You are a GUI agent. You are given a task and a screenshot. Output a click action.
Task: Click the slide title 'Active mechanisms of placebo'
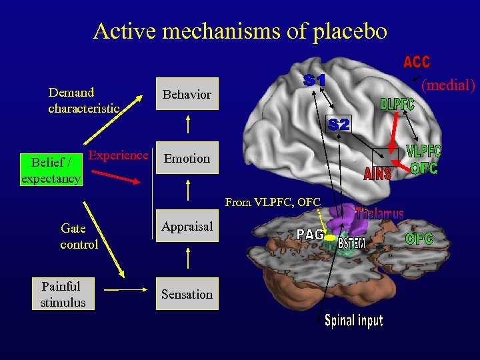pos(240,31)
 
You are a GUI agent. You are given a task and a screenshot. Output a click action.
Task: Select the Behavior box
pos(187,95)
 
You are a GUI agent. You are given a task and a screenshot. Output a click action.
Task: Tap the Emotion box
pos(187,159)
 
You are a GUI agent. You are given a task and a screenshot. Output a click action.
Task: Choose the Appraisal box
pos(187,227)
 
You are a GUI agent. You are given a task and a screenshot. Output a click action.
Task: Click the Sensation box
pos(187,295)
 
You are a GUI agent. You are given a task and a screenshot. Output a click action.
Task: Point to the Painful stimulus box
pos(63,295)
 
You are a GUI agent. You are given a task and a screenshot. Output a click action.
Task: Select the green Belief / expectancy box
pos(51,170)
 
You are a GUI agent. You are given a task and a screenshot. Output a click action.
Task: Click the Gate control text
pos(79,236)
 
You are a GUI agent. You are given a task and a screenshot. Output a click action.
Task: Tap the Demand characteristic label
pos(83,100)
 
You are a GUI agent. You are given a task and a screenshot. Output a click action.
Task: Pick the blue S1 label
pos(315,81)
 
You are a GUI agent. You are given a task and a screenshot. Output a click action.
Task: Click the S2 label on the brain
pos(338,124)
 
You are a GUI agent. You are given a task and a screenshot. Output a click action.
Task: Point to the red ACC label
pos(417,63)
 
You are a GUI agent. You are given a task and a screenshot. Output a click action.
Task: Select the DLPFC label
pos(397,105)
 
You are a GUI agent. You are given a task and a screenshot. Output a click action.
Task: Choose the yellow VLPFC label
pos(423,152)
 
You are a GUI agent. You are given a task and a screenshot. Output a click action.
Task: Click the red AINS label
pos(377,174)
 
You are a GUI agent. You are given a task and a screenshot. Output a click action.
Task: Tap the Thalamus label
pos(379,214)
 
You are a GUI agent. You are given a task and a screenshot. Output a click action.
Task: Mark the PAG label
pos(310,235)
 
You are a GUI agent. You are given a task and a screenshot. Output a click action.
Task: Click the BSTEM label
pos(351,243)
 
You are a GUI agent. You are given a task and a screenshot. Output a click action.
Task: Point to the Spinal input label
pos(353,321)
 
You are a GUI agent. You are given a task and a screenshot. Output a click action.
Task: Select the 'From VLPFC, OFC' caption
pos(273,202)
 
